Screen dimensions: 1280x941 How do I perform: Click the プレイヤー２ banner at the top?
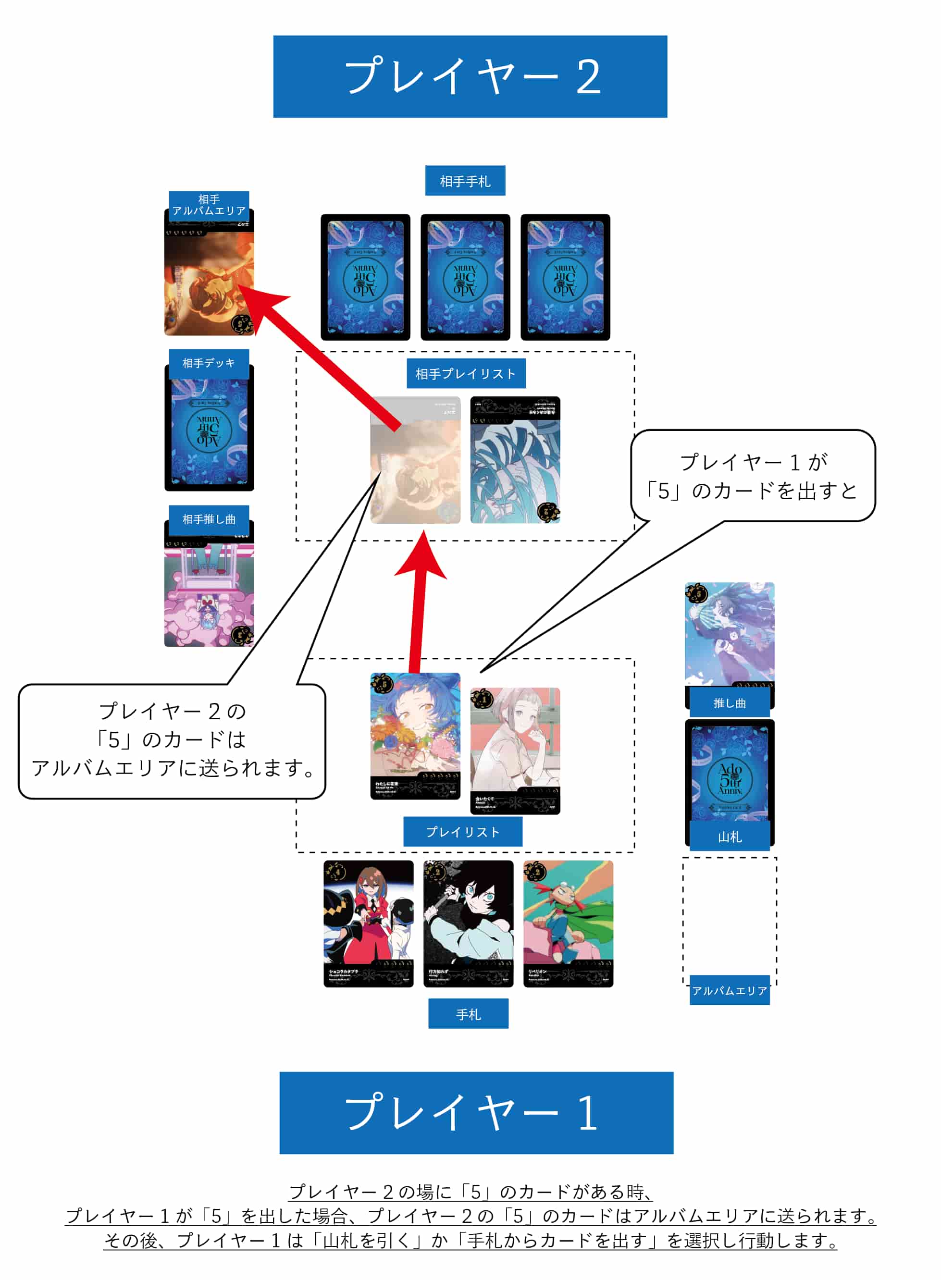tap(470, 77)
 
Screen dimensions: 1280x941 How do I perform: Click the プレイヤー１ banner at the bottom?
tap(476, 1113)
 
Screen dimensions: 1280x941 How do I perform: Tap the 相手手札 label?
tap(465, 181)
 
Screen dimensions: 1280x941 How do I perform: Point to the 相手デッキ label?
tap(209, 363)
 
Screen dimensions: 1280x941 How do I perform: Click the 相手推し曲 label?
tap(209, 519)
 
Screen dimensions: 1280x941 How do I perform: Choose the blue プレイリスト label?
tap(462, 832)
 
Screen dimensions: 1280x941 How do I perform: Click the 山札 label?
tap(729, 837)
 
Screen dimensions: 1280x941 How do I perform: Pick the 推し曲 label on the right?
tap(729, 702)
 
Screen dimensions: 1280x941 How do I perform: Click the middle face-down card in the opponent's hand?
tap(465, 277)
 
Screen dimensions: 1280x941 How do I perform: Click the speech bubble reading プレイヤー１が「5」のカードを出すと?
tap(752, 476)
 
